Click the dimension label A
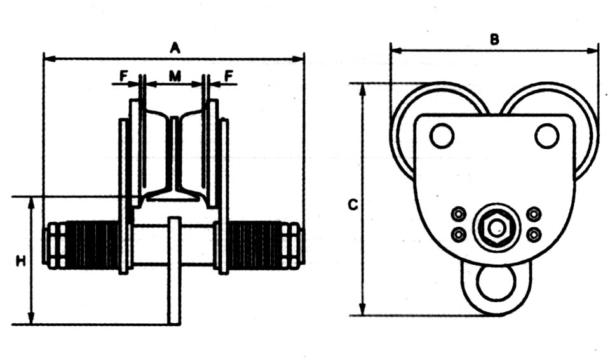[x=175, y=48]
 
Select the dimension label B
[x=494, y=39]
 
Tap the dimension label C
[x=353, y=204]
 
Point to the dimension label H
[x=20, y=261]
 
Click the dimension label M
[x=175, y=76]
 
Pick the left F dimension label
[x=124, y=76]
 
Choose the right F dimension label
[x=229, y=76]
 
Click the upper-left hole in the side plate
[x=442, y=136]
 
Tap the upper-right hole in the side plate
[x=547, y=136]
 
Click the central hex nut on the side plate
[x=496, y=228]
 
